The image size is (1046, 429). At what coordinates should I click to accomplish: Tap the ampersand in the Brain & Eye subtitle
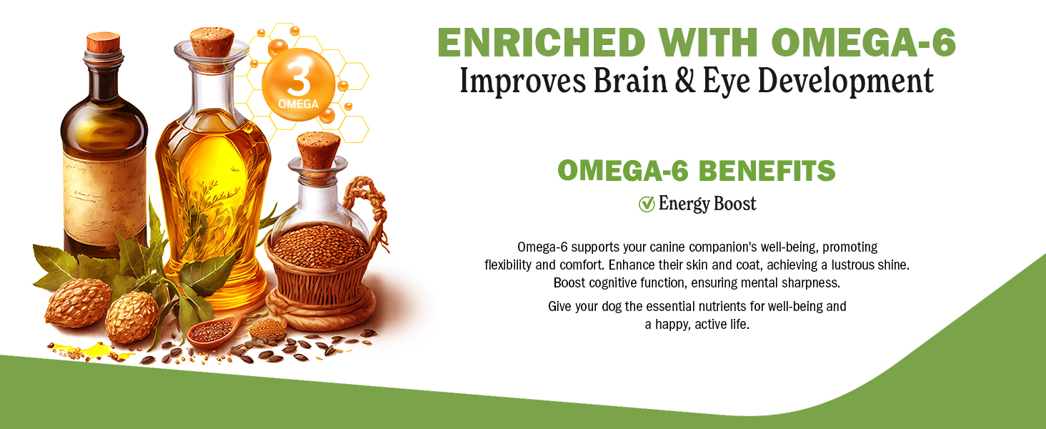[x=685, y=80]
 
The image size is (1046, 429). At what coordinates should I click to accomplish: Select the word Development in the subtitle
[x=846, y=82]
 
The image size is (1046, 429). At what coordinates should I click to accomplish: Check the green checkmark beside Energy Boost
[x=647, y=204]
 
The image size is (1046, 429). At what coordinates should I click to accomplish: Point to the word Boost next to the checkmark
[x=735, y=204]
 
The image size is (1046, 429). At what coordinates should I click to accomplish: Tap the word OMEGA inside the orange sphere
[x=299, y=104]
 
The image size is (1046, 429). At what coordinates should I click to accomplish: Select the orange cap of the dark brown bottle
[x=103, y=42]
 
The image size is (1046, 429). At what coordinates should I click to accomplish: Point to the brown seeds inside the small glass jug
[x=319, y=247]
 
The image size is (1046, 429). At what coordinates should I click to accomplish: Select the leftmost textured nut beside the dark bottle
[x=78, y=303]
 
